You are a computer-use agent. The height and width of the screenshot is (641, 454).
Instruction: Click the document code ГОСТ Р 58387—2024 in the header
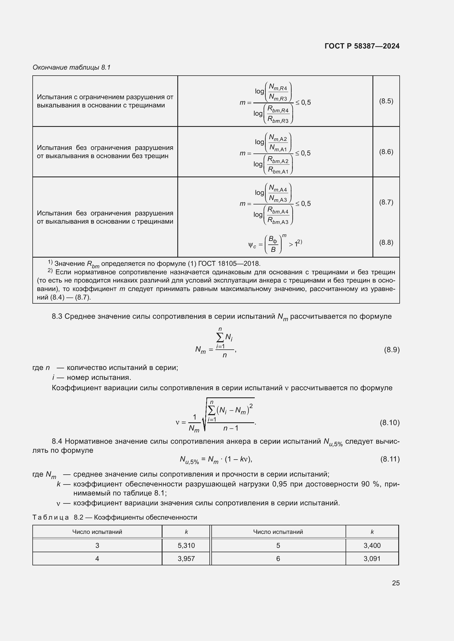(x=362, y=46)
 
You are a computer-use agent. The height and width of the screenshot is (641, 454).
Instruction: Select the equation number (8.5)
(x=386, y=101)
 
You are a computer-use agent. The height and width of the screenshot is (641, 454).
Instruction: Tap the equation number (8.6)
(x=386, y=152)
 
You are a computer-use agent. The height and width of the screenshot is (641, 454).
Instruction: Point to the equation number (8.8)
(x=386, y=242)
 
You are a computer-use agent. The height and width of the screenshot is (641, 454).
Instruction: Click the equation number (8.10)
(x=389, y=423)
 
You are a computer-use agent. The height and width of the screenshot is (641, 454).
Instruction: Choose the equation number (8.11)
(x=390, y=459)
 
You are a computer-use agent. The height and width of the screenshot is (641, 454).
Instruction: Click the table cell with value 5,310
(x=186, y=545)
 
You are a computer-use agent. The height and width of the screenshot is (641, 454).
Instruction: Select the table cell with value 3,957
(x=186, y=559)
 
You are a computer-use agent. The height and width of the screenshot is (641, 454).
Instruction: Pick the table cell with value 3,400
(x=372, y=545)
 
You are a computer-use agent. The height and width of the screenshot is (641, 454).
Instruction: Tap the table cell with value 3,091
(x=372, y=559)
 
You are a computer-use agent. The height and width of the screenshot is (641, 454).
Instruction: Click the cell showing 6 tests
(x=278, y=559)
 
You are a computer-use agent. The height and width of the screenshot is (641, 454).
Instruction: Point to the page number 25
(x=396, y=583)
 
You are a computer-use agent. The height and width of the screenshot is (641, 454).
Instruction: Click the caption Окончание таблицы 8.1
(x=72, y=67)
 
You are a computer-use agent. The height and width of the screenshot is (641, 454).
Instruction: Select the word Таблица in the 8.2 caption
(x=51, y=517)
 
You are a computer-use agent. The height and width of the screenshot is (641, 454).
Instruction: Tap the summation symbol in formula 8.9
(x=220, y=338)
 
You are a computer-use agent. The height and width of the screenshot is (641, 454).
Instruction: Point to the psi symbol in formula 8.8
(x=251, y=245)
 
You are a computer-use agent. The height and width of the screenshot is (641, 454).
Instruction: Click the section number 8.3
(x=57, y=316)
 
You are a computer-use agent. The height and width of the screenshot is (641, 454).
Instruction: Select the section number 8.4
(x=57, y=441)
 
